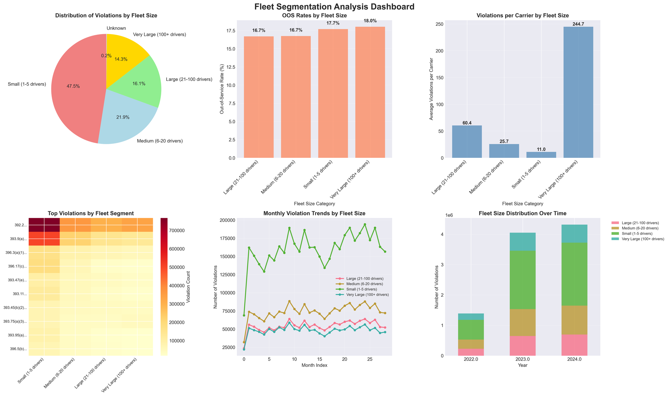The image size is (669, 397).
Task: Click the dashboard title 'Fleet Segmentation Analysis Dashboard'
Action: click(x=334, y=7)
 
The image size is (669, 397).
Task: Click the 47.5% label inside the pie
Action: click(x=74, y=86)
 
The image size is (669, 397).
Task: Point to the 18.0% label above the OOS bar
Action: click(x=370, y=21)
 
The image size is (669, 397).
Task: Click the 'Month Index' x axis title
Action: click(x=314, y=365)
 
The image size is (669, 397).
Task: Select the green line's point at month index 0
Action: click(x=244, y=315)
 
